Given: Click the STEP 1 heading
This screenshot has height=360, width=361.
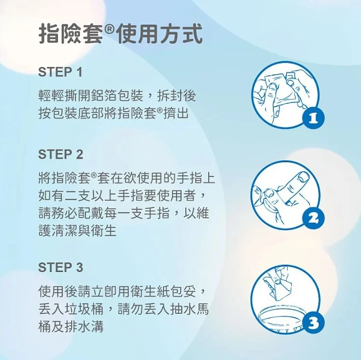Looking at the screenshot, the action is [x=60, y=72].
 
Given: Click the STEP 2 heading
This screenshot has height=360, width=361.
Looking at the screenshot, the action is [x=61, y=154].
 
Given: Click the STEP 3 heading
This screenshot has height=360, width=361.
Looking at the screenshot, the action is [x=61, y=267].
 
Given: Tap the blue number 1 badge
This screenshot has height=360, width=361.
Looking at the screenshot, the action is [x=313, y=118].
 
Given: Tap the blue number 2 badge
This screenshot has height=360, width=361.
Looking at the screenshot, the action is [x=313, y=218].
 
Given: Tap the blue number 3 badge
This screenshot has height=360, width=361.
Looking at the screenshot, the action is [x=313, y=322].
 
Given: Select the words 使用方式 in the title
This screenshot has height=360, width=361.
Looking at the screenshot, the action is [x=159, y=34].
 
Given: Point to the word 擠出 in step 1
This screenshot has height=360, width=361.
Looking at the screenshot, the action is [x=176, y=113].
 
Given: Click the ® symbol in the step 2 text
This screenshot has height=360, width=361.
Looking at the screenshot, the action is [x=94, y=175].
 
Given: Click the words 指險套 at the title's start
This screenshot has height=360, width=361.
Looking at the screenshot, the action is [x=70, y=34].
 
